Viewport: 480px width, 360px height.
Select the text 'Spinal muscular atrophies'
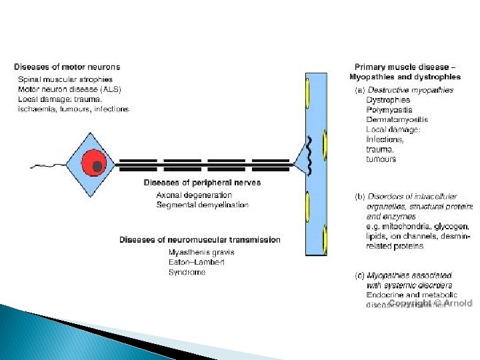click(x=65, y=79)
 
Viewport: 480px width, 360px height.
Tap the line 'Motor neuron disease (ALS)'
click(x=69, y=89)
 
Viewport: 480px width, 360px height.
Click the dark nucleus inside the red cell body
click(x=97, y=165)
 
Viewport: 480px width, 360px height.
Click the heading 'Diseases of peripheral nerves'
click(x=202, y=182)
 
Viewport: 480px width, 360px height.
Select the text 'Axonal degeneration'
click(x=194, y=195)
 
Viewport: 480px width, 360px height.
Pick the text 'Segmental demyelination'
click(x=202, y=205)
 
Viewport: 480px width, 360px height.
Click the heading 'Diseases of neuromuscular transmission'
click(x=200, y=239)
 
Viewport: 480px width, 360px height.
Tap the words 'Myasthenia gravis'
click(x=201, y=253)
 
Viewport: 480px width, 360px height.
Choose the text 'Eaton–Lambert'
click(x=196, y=263)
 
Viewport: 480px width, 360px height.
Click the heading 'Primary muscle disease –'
click(x=405, y=67)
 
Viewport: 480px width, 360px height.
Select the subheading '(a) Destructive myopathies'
click(x=403, y=90)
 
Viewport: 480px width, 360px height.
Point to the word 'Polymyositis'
click(x=389, y=110)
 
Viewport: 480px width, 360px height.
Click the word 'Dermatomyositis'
click(x=397, y=120)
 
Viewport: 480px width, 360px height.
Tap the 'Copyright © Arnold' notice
click(x=429, y=303)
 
